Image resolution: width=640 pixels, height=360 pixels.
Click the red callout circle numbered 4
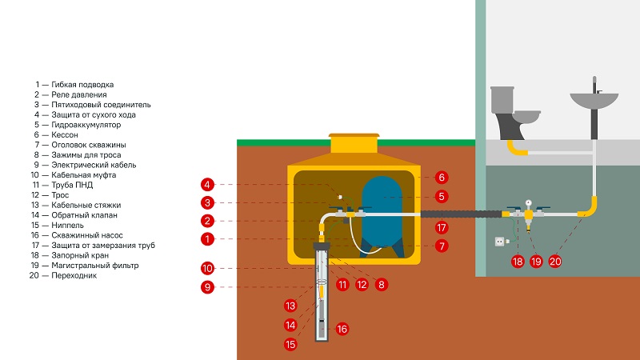point(206,184)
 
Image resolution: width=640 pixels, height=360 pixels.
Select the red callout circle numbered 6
point(442,177)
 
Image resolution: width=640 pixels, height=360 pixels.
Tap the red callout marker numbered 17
point(442,228)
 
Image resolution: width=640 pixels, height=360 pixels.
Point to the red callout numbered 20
point(554,261)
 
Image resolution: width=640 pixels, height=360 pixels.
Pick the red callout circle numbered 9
point(206,287)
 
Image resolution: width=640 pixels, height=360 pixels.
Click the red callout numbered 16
point(342,328)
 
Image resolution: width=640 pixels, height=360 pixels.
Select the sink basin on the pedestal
point(594,101)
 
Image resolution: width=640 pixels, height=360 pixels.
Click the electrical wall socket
point(502,239)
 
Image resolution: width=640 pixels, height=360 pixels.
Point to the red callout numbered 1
point(206,238)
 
